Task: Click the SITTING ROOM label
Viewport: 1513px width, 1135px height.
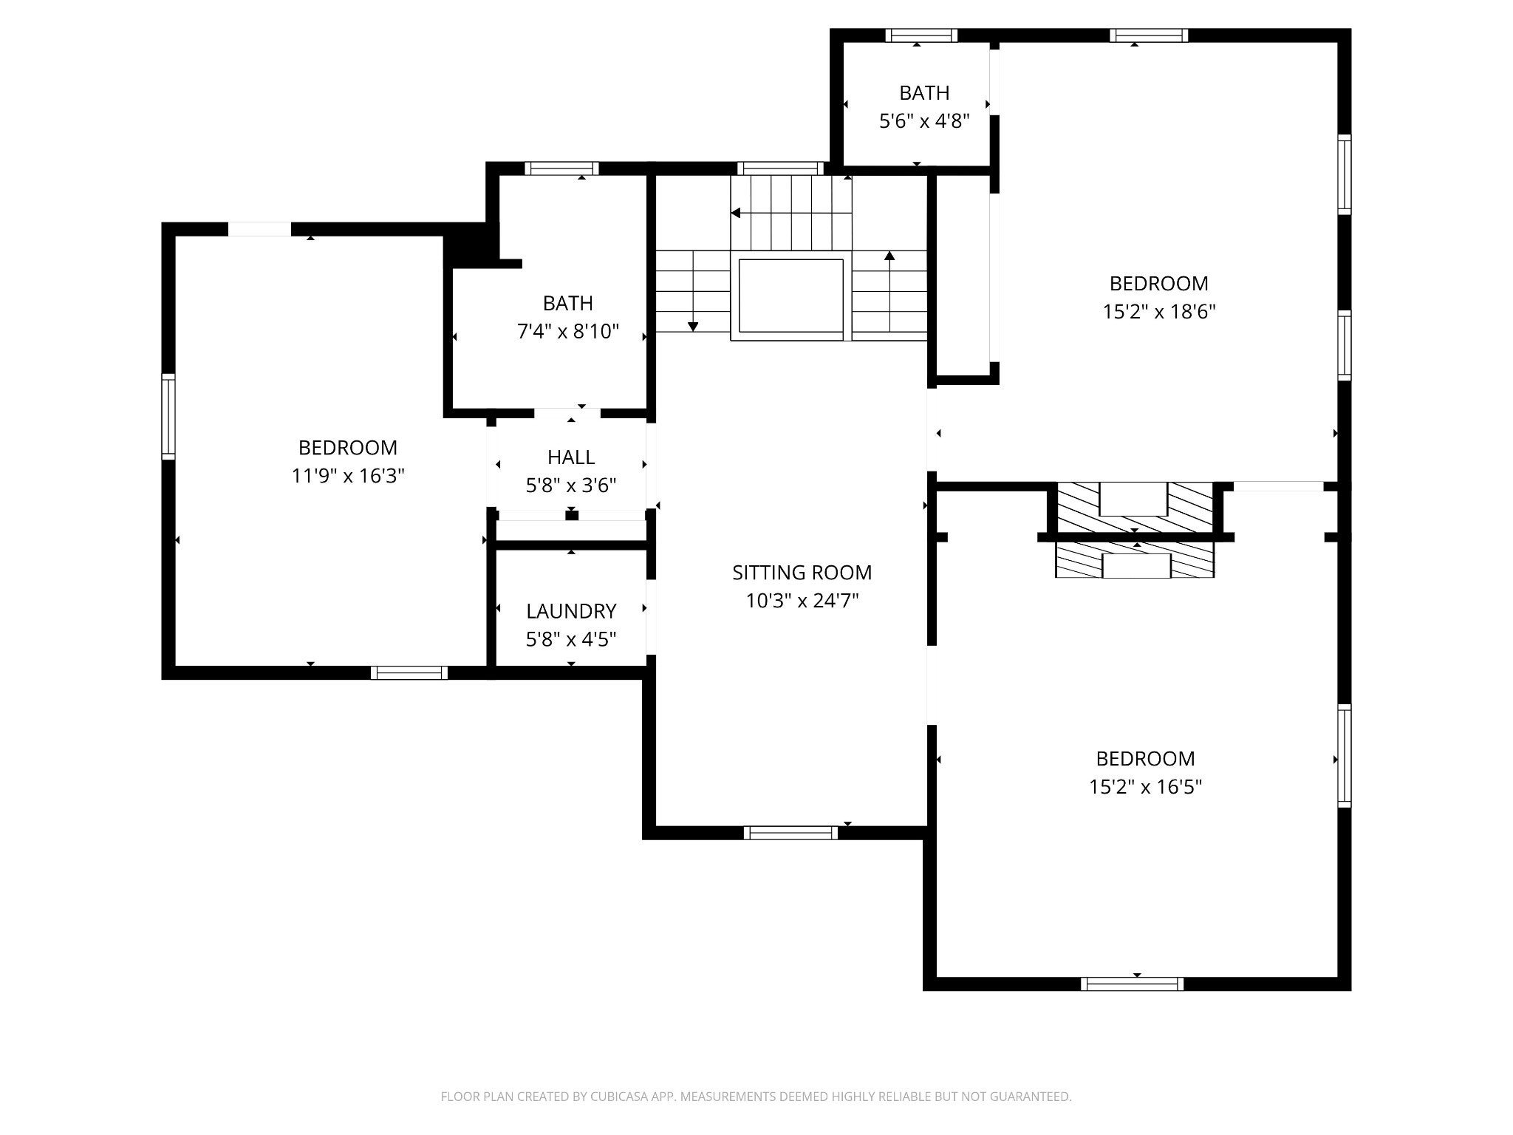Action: click(802, 573)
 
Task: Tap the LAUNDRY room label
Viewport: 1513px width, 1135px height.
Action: click(571, 611)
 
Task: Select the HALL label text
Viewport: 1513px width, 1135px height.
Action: click(571, 457)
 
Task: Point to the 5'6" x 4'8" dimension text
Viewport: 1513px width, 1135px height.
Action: click(924, 121)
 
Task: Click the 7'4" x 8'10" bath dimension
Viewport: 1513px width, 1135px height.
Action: click(568, 332)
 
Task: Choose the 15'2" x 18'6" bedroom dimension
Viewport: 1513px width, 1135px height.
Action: click(1159, 312)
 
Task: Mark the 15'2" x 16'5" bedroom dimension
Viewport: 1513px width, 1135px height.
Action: click(1145, 787)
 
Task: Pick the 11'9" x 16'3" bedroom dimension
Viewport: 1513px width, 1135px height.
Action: click(348, 476)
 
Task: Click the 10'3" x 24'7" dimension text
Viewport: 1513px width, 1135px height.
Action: click(802, 601)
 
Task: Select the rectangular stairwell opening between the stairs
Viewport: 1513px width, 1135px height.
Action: click(791, 296)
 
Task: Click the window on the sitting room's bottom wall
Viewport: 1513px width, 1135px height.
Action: click(790, 833)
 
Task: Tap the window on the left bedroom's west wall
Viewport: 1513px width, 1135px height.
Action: click(168, 417)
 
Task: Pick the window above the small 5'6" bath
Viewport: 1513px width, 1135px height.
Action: click(921, 35)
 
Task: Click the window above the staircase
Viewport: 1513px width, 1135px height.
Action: click(780, 168)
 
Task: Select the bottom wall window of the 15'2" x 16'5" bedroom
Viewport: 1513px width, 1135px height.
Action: click(1132, 984)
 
